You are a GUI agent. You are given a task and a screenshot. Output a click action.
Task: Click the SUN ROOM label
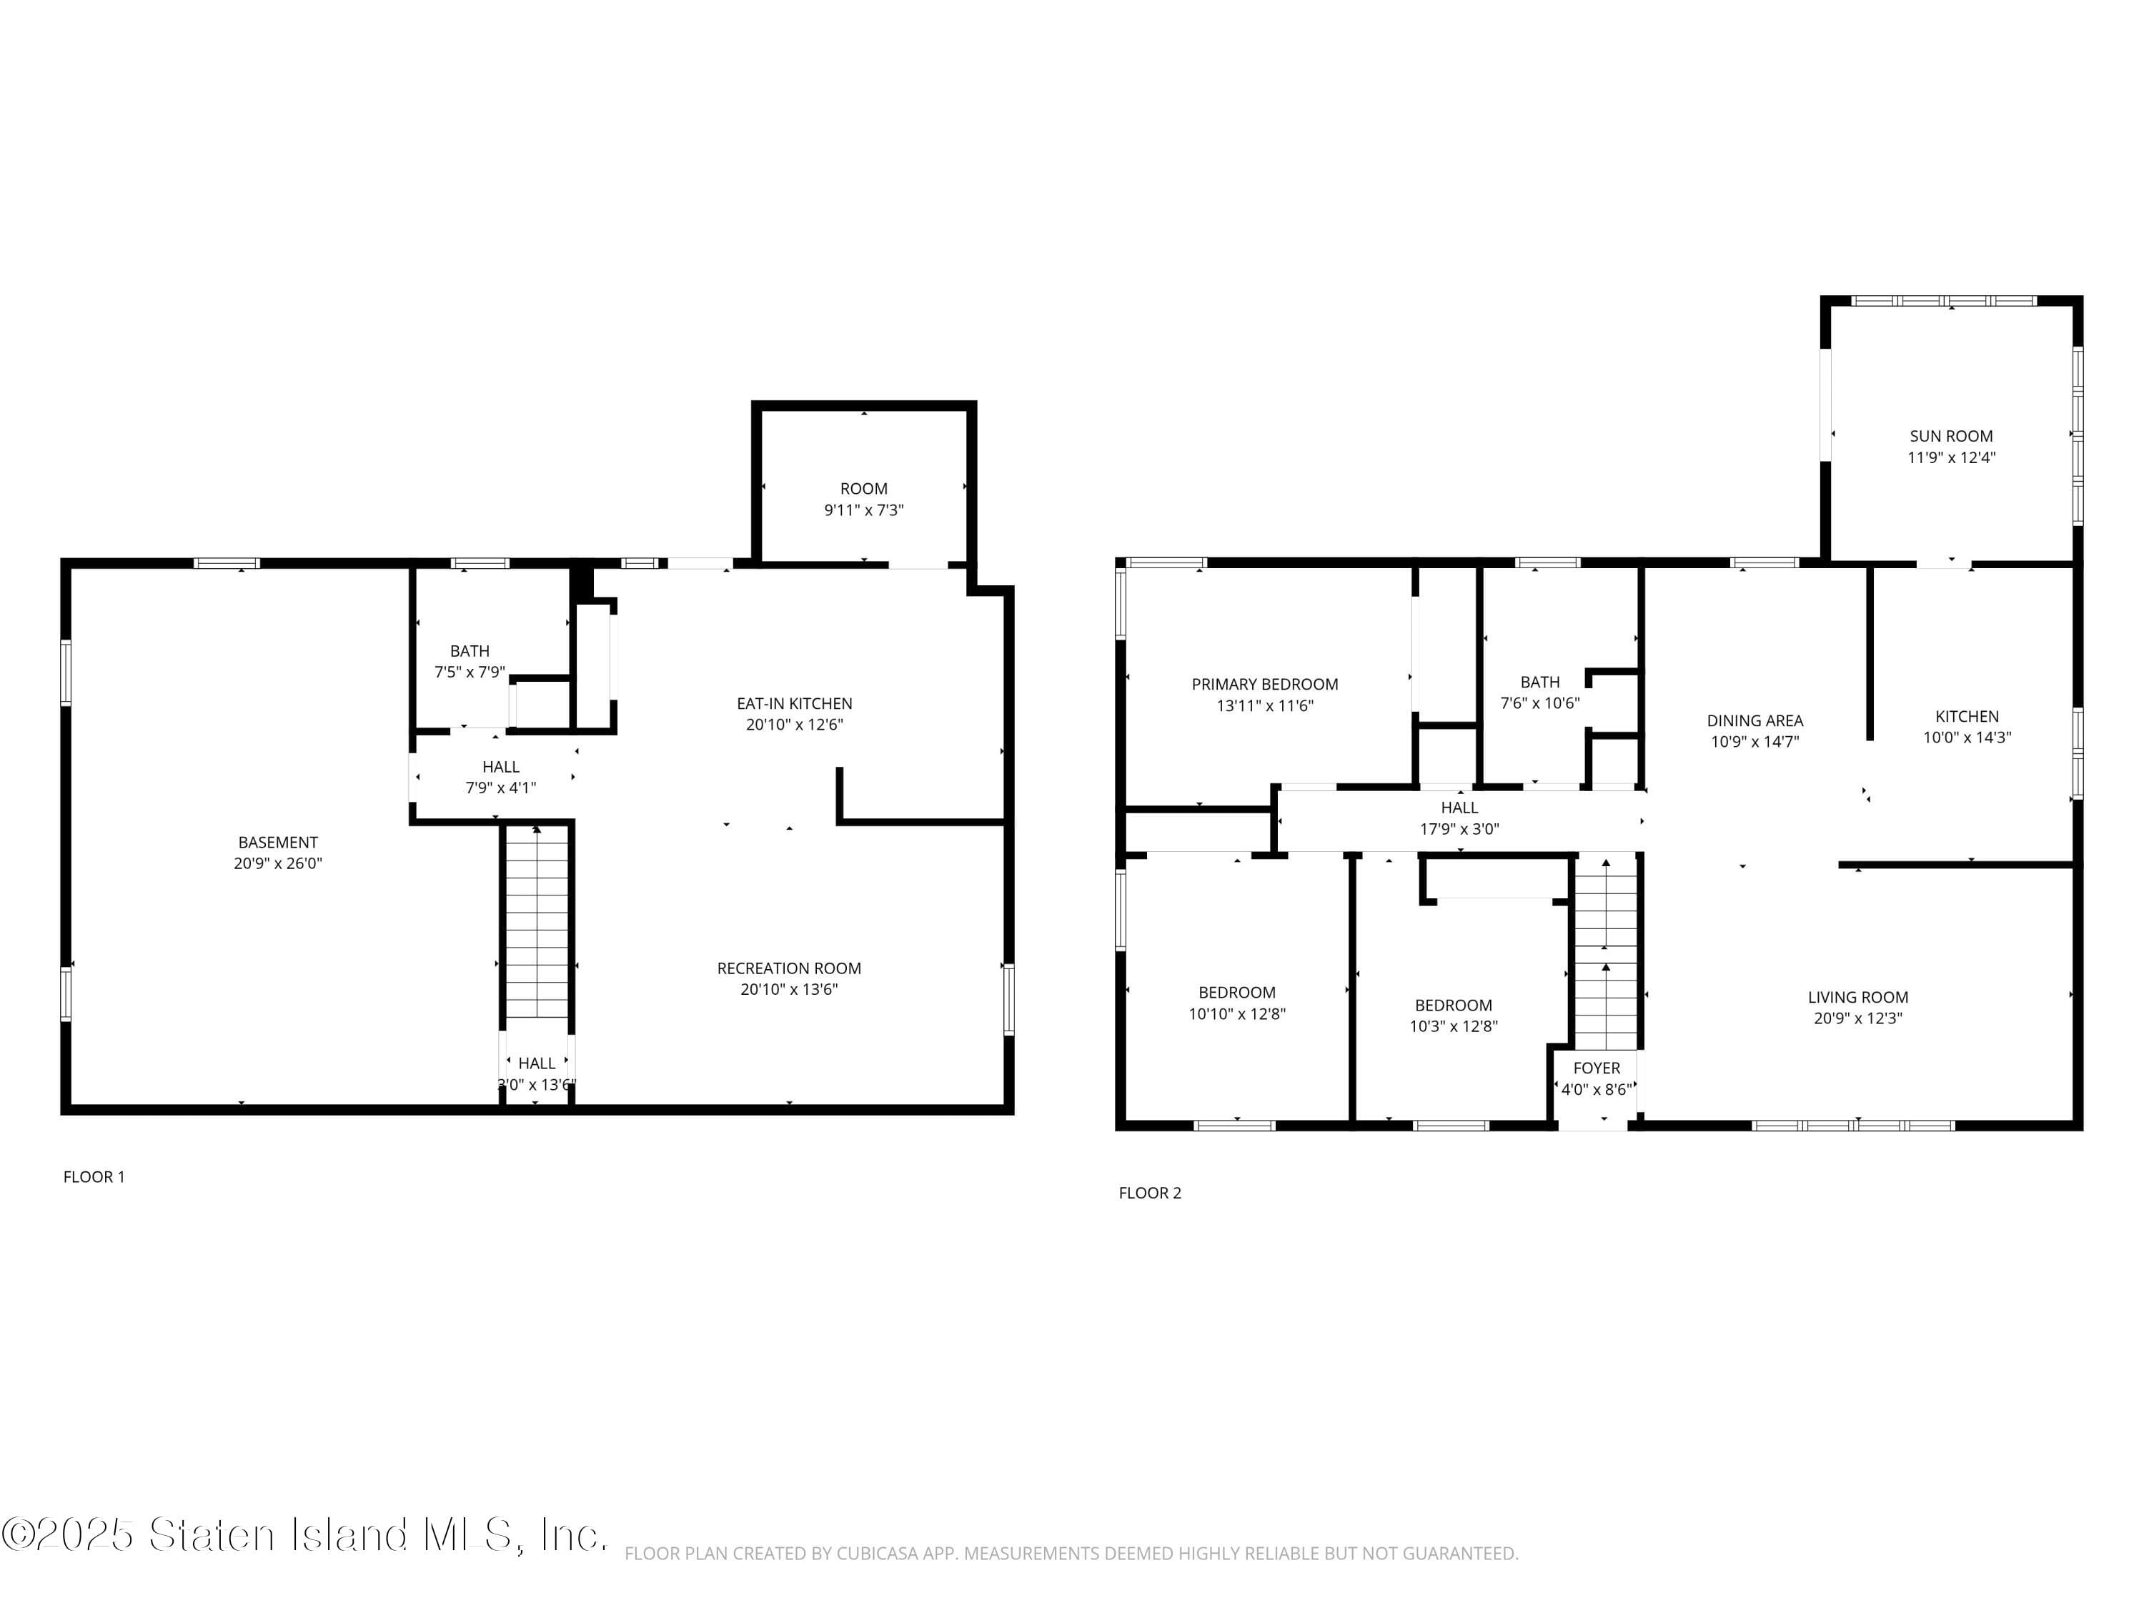pyautogui.click(x=1950, y=436)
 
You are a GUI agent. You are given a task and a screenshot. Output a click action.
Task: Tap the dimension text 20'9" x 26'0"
pyautogui.click(x=277, y=863)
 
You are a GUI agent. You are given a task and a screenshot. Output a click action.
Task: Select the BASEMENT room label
pyautogui.click(x=277, y=843)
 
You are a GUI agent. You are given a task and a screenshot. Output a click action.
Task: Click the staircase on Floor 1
pyautogui.click(x=537, y=920)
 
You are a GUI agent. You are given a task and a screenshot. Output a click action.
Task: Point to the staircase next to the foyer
pyautogui.click(x=1605, y=955)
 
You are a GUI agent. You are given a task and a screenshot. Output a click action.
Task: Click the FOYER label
pyautogui.click(x=1597, y=1068)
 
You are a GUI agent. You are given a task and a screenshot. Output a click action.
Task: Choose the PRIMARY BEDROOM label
pyautogui.click(x=1264, y=685)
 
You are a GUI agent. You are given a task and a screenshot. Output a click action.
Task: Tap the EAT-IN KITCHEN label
pyautogui.click(x=794, y=704)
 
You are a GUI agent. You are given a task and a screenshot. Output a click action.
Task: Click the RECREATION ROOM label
pyautogui.click(x=788, y=968)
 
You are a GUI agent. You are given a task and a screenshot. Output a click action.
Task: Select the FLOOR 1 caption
pyautogui.click(x=94, y=1176)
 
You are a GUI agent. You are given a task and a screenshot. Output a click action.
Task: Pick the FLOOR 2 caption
pyautogui.click(x=1149, y=1193)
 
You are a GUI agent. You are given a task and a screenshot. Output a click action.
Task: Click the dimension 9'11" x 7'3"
pyautogui.click(x=863, y=510)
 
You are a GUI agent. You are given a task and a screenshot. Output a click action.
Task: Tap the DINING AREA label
pyautogui.click(x=1755, y=720)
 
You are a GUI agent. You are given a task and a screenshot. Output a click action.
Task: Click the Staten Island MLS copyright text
pyautogui.click(x=305, y=1534)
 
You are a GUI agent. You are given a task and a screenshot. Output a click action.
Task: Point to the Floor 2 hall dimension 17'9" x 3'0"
pyautogui.click(x=1459, y=829)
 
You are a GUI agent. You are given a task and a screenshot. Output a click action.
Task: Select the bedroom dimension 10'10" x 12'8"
pyautogui.click(x=1237, y=1014)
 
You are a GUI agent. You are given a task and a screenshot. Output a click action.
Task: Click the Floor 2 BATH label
pyautogui.click(x=1539, y=683)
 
